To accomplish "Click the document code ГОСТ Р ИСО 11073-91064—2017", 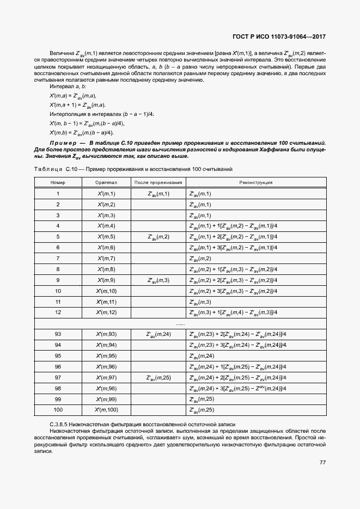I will [279, 36].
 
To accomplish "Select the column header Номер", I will [58, 182].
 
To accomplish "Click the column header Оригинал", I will [106, 182].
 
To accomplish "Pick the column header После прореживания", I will [158, 182].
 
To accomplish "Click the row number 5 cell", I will [58, 237].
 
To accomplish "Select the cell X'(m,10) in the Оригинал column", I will [106, 291].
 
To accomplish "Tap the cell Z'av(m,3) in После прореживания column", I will [158, 280].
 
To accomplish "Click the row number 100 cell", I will [58, 409].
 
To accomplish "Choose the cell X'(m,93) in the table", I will [106, 334].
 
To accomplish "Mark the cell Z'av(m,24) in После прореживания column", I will [158, 334].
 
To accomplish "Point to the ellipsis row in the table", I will [180, 323].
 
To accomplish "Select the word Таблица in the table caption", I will [48, 169].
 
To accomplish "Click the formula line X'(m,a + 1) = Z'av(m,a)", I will [78, 105].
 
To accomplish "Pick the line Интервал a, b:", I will [68, 87].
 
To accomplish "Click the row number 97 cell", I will [58, 377].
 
